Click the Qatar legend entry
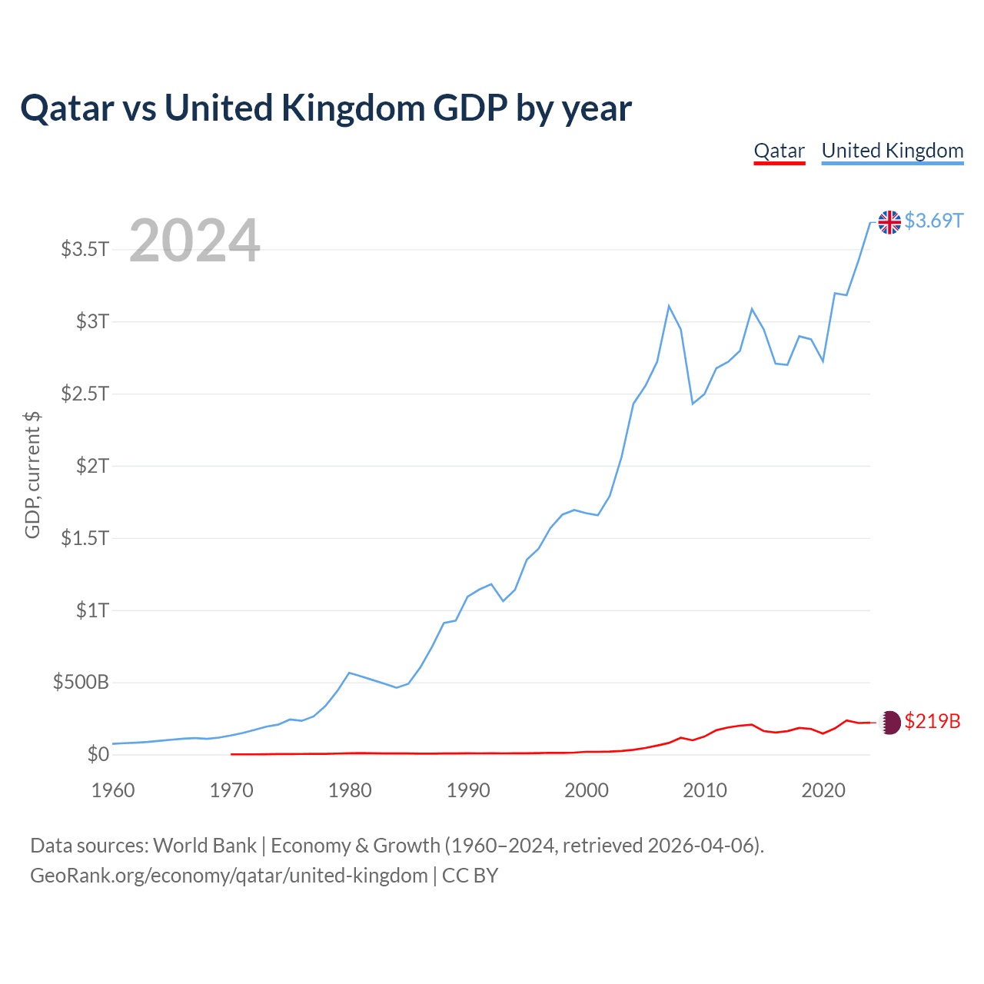[779, 151]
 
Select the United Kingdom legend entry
[892, 151]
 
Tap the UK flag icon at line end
[889, 222]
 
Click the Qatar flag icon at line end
[889, 722]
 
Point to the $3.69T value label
[933, 221]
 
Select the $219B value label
[932, 721]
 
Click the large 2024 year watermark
[194, 241]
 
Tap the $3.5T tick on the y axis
[85, 249]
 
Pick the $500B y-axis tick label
[81, 682]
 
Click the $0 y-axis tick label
[98, 754]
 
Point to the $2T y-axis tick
[92, 465]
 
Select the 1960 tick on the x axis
[113, 790]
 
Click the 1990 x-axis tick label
[468, 790]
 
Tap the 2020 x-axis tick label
[823, 790]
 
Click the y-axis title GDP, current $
[32, 475]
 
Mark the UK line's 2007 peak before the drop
[669, 306]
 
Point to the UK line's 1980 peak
[350, 673]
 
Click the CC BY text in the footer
[470, 876]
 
